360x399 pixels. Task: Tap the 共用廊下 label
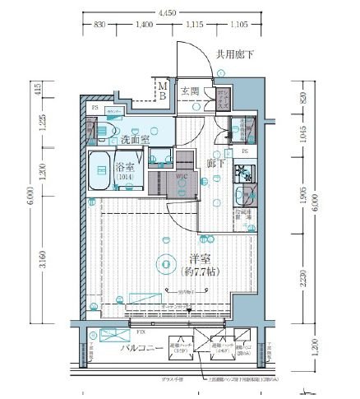point(234,55)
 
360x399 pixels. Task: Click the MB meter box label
point(163,90)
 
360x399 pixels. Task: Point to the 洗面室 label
point(135,140)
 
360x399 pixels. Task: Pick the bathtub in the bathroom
point(103,170)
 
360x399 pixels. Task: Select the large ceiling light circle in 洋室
point(166,263)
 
